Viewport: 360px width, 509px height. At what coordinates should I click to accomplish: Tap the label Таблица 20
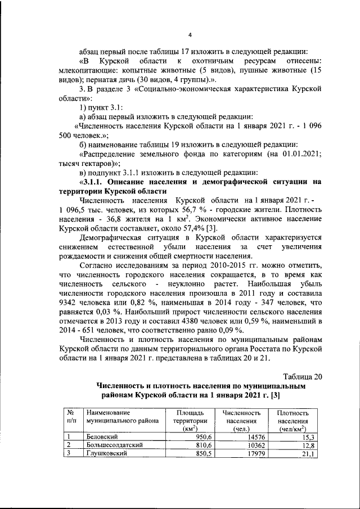click(303, 377)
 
